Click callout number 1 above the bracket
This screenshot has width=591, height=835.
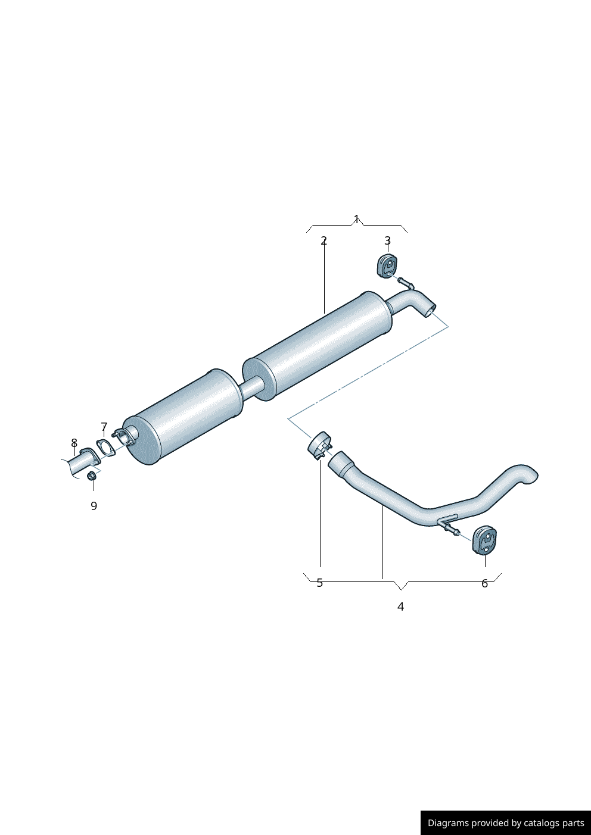[x=356, y=219]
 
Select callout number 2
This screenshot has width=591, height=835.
[x=324, y=241]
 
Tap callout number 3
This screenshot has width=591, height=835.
[x=388, y=240]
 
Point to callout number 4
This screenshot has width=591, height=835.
[x=400, y=606]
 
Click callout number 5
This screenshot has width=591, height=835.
[x=319, y=583]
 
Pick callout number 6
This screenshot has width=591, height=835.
[x=484, y=583]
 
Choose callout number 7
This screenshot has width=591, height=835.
[x=104, y=426]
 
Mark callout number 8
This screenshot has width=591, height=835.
[x=74, y=443]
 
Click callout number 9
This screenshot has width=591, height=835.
[x=94, y=506]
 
